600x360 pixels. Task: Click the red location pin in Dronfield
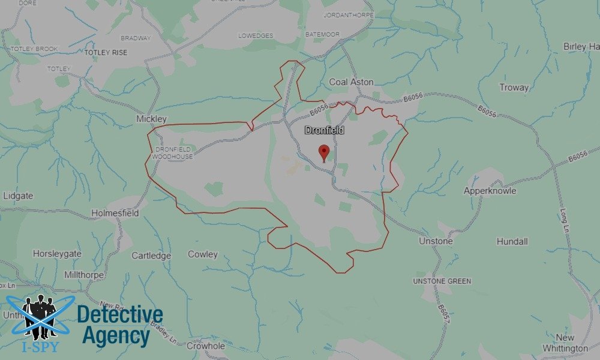click(324, 152)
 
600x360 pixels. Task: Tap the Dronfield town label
click(324, 130)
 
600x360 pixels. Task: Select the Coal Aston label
click(352, 82)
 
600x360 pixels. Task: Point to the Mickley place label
click(151, 119)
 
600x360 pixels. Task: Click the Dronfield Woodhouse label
click(173, 152)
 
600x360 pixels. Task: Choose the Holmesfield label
click(115, 213)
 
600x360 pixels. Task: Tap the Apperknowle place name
click(490, 191)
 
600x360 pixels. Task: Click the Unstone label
click(436, 241)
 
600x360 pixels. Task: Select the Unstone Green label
click(442, 281)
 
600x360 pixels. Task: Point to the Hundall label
click(512, 241)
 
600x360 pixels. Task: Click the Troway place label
click(514, 88)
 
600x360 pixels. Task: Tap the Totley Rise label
click(106, 53)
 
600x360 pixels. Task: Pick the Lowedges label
click(256, 36)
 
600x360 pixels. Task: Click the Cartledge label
click(151, 256)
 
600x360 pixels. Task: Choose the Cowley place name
click(203, 254)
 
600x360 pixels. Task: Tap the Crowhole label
click(206, 346)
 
